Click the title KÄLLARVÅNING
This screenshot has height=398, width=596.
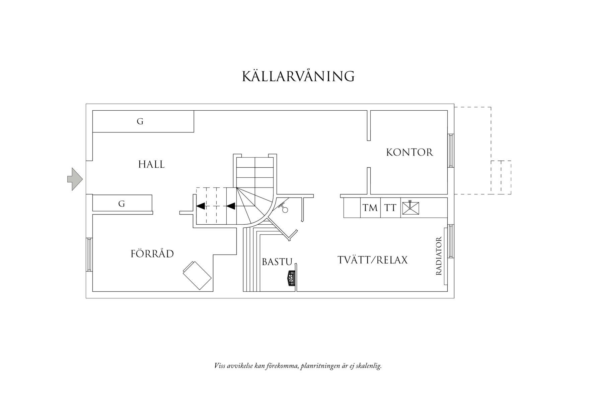pyautogui.click(x=298, y=76)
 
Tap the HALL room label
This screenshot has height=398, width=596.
pyautogui.click(x=151, y=164)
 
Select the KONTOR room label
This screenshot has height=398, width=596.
pyautogui.click(x=409, y=153)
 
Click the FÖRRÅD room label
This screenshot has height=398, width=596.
pyautogui.click(x=152, y=254)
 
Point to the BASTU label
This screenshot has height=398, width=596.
pyautogui.click(x=277, y=262)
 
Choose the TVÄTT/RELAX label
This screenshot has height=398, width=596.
pyautogui.click(x=372, y=260)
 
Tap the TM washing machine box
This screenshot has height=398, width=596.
pyautogui.click(x=370, y=208)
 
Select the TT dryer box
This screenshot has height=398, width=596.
pyautogui.click(x=390, y=208)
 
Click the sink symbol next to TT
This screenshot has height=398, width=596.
pyautogui.click(x=410, y=208)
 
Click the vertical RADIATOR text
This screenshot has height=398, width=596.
pyautogui.click(x=439, y=256)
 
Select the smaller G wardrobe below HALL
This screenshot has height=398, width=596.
pyautogui.click(x=122, y=204)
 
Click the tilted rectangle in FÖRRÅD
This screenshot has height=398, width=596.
pyautogui.click(x=197, y=275)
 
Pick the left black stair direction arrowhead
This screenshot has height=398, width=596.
pyautogui.click(x=201, y=206)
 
